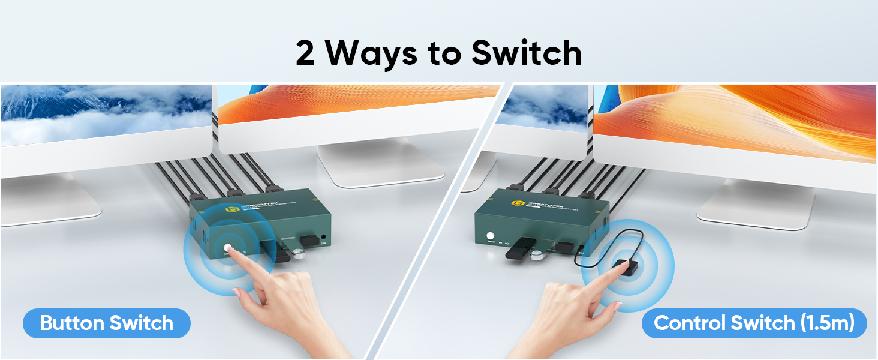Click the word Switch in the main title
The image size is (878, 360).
[x=526, y=53]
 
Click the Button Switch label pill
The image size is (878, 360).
[x=106, y=323]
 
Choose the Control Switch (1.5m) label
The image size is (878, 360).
[x=754, y=323]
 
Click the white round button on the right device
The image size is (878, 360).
[x=491, y=236]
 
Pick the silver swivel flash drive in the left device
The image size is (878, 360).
[x=298, y=253]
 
